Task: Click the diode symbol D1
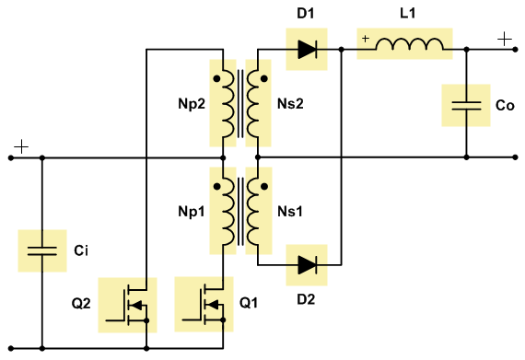coord(307,50)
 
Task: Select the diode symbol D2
coord(307,265)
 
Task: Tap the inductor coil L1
coord(410,44)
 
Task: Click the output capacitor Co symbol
coord(466,105)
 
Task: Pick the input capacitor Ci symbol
coord(42,251)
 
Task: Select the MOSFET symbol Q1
coord(204,304)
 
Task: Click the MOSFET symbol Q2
coord(127,305)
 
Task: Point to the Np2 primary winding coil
coord(227,104)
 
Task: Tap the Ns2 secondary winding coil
coord(253,104)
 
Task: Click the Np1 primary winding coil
coord(227,212)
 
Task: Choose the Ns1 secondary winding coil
coord(253,212)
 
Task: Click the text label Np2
coord(192,104)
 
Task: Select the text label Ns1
coord(290,212)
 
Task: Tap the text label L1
coord(408,14)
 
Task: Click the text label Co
coord(505,105)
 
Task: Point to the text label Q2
coord(81,304)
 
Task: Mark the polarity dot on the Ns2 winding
coord(264,79)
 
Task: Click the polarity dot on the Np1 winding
coord(217,186)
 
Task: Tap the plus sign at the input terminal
coord(21,147)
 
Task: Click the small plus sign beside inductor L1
coord(366,39)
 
